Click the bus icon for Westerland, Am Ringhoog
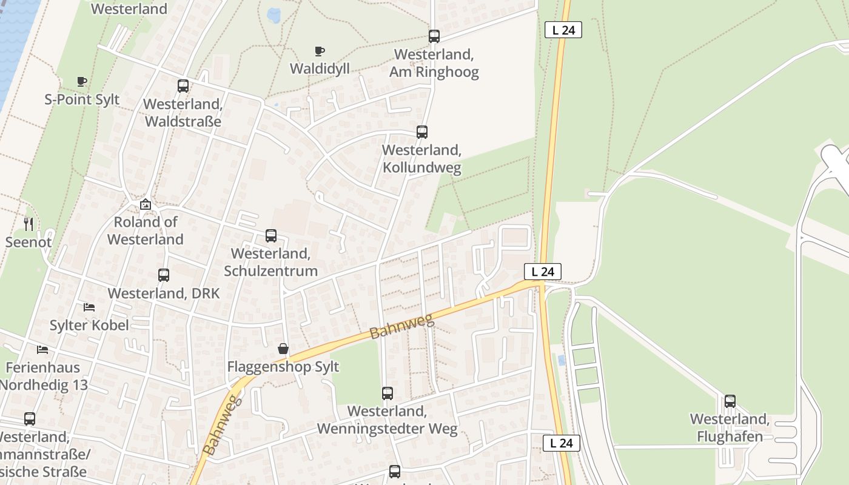[434, 36]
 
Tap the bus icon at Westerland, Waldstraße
[183, 86]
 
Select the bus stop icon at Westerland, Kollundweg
[421, 132]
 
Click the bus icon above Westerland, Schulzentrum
[270, 236]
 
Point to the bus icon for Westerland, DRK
[163, 275]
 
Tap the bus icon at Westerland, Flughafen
[730, 401]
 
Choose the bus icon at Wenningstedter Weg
[387, 393]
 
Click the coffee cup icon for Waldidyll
[319, 51]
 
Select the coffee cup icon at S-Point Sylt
[82, 81]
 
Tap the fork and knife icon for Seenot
[29, 224]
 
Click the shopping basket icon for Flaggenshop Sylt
[283, 349]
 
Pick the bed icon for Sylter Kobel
[89, 307]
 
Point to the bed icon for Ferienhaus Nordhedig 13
[42, 349]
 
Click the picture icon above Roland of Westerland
[145, 204]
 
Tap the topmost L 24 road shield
[563, 30]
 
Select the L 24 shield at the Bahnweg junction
[542, 272]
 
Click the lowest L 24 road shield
[561, 443]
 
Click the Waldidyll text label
[320, 69]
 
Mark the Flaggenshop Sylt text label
[283, 367]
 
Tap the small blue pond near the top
[273, 15]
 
